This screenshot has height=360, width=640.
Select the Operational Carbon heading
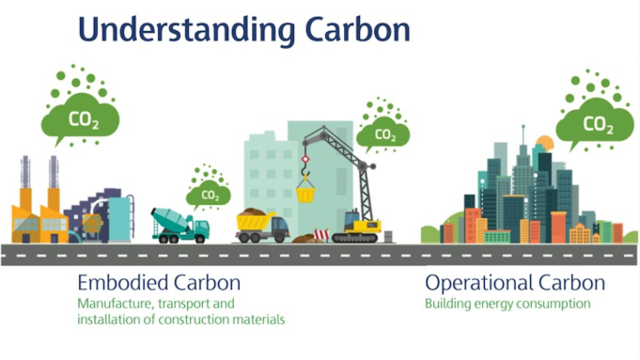(515, 282)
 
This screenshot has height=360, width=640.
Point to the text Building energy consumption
(507, 304)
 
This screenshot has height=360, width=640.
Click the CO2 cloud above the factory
(80, 119)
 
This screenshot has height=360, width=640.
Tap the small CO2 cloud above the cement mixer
(209, 195)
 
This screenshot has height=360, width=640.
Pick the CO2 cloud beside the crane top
(383, 133)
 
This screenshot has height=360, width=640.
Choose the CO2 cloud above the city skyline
(594, 123)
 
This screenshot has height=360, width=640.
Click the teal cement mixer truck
(180, 226)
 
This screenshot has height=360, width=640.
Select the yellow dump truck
(260, 226)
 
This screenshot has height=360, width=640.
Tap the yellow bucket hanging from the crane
(305, 193)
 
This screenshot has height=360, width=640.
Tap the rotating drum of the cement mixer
(168, 219)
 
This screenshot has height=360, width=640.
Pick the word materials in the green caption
(258, 320)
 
